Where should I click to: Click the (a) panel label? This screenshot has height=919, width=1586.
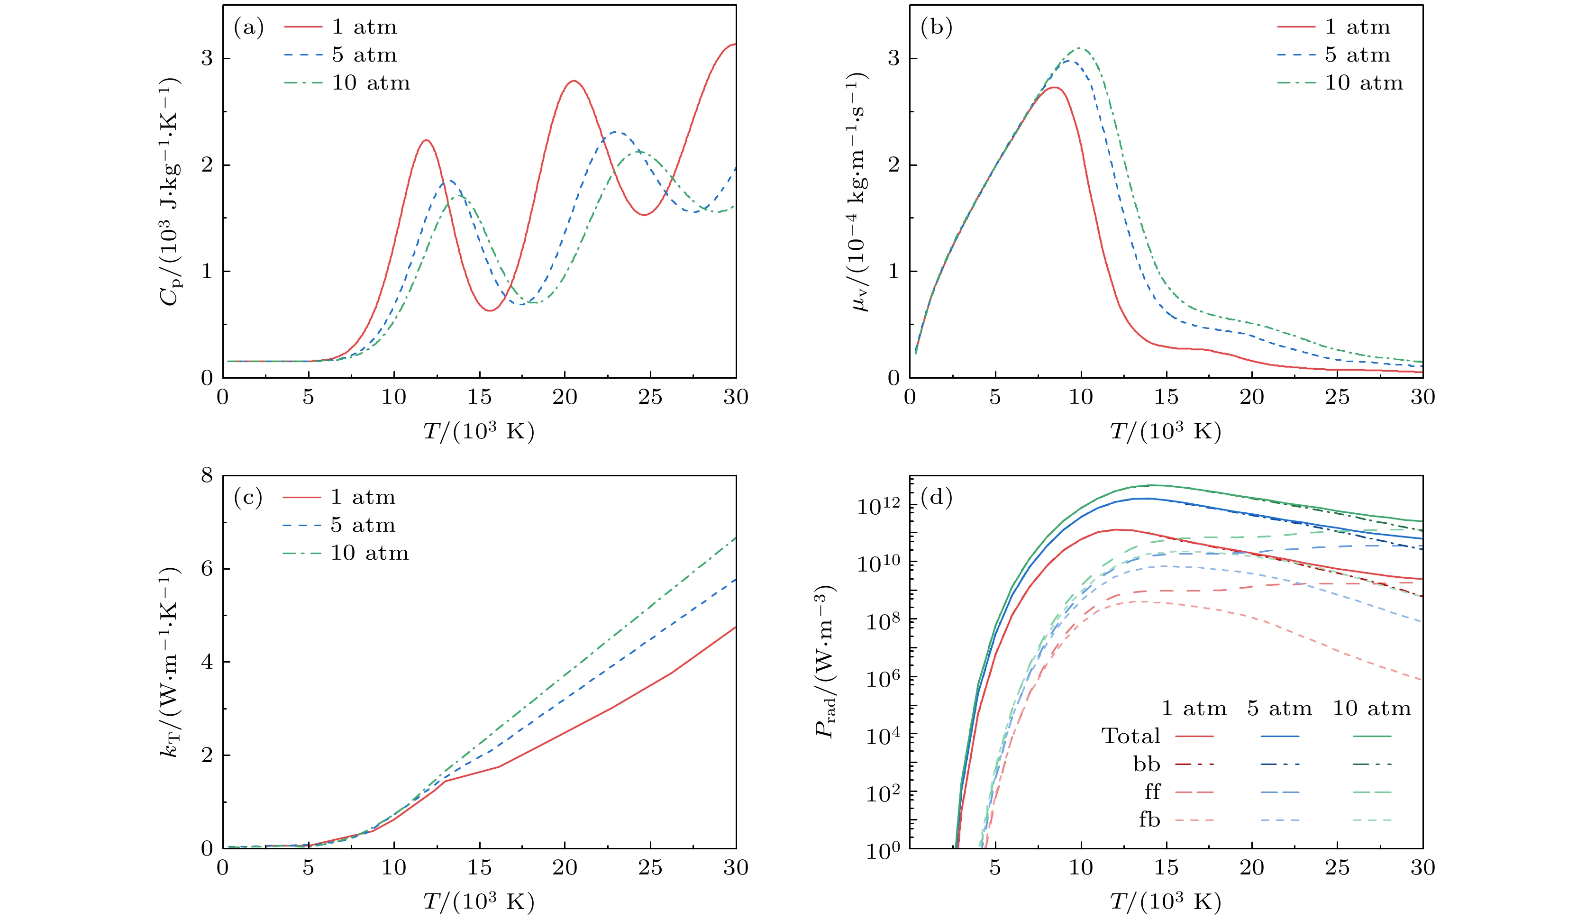248,27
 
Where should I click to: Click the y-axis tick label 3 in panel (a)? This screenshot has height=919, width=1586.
207,59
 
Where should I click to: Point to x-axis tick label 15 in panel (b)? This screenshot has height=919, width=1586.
1166,397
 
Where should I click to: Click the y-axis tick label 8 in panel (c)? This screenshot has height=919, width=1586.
207,476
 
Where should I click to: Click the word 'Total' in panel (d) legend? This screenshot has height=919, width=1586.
1130,736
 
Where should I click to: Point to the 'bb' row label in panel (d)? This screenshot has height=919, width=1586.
1147,764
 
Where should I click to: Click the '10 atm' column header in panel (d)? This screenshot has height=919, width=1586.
1372,708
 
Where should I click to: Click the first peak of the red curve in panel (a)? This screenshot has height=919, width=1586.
427,140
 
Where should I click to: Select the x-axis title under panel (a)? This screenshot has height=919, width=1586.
478,432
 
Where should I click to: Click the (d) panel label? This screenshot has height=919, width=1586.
936,498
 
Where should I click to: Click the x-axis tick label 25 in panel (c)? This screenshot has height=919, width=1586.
650,867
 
